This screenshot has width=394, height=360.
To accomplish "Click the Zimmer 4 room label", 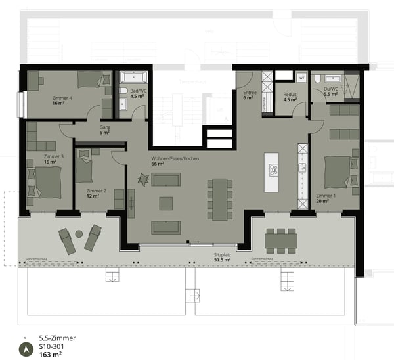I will pyautogui.click(x=61, y=98).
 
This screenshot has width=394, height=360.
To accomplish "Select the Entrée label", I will pyautogui.click(x=250, y=93).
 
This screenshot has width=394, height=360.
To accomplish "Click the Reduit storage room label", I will pyautogui.click(x=290, y=95).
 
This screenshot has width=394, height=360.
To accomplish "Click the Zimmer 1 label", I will pyautogui.click(x=325, y=196).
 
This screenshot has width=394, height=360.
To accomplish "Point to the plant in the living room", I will pyautogui.click(x=142, y=178).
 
